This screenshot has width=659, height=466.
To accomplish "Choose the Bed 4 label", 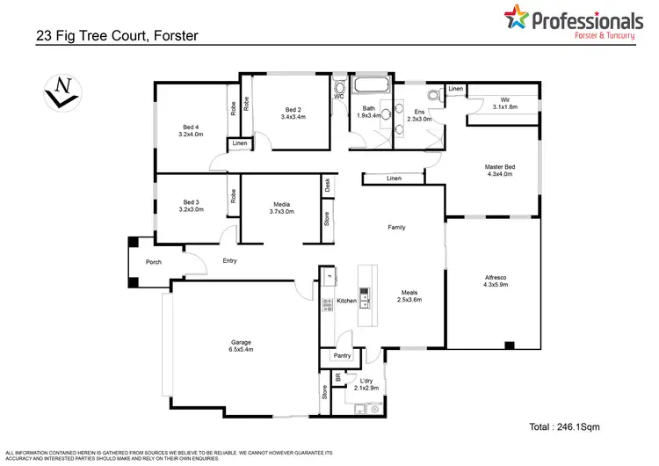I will coord(191,131).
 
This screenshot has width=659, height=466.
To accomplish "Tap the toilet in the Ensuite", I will coord(431,96).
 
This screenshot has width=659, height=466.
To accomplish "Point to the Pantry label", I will coord(340,356).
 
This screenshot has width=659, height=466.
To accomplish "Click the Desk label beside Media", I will coord(327,186).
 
